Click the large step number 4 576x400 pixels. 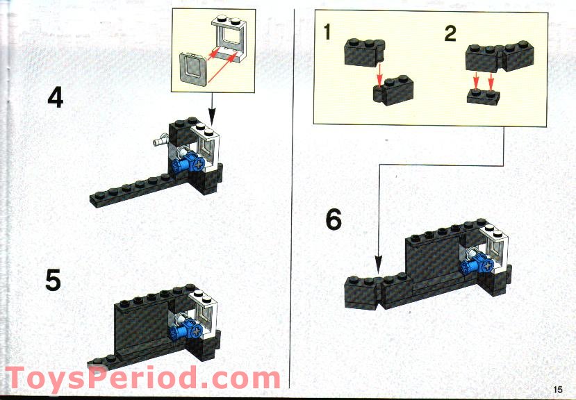[55, 97]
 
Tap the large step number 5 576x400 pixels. [53, 281]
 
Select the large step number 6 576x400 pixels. [334, 220]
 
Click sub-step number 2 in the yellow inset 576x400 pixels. [451, 33]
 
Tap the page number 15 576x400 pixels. [559, 389]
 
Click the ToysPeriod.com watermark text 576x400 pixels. [142, 378]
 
